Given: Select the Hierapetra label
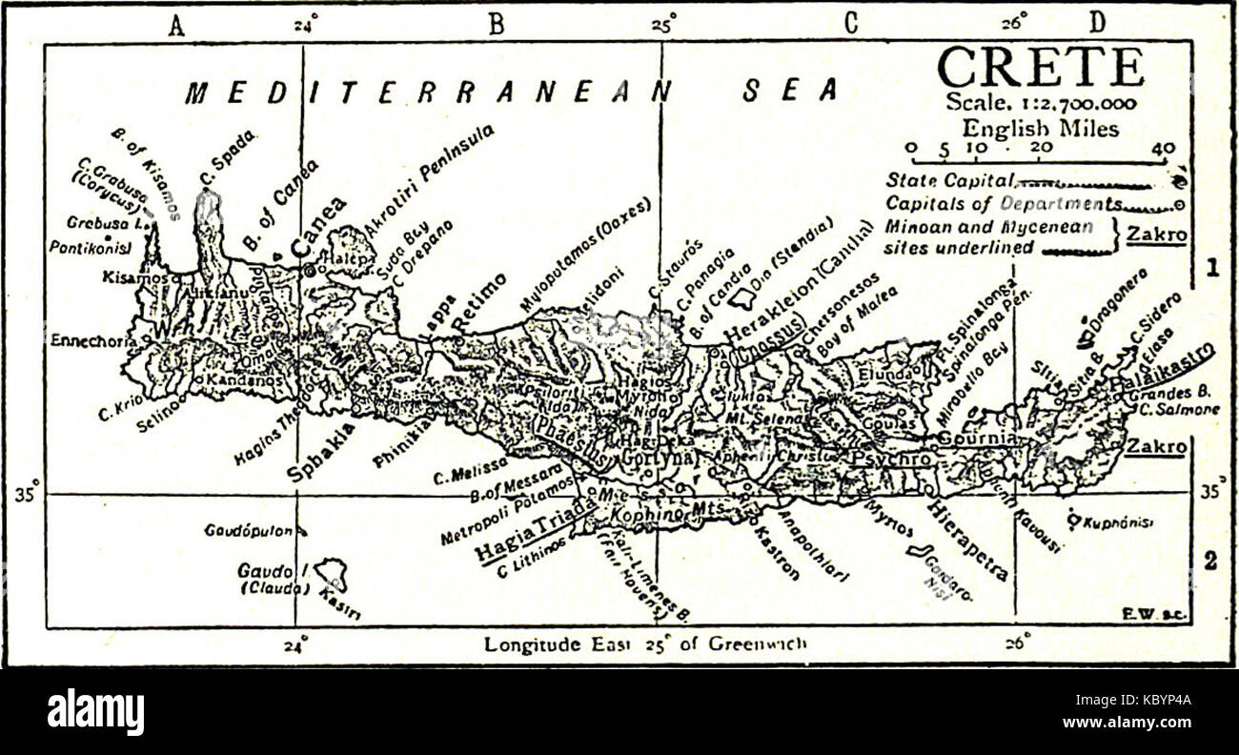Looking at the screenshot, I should tap(967, 539).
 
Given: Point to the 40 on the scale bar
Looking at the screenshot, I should tap(1162, 149).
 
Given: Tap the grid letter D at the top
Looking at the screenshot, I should tap(1098, 24).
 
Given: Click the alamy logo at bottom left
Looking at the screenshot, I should tap(95, 712).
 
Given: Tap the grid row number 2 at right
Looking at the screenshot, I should tap(1209, 562).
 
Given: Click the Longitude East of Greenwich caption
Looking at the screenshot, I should tap(645, 644).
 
